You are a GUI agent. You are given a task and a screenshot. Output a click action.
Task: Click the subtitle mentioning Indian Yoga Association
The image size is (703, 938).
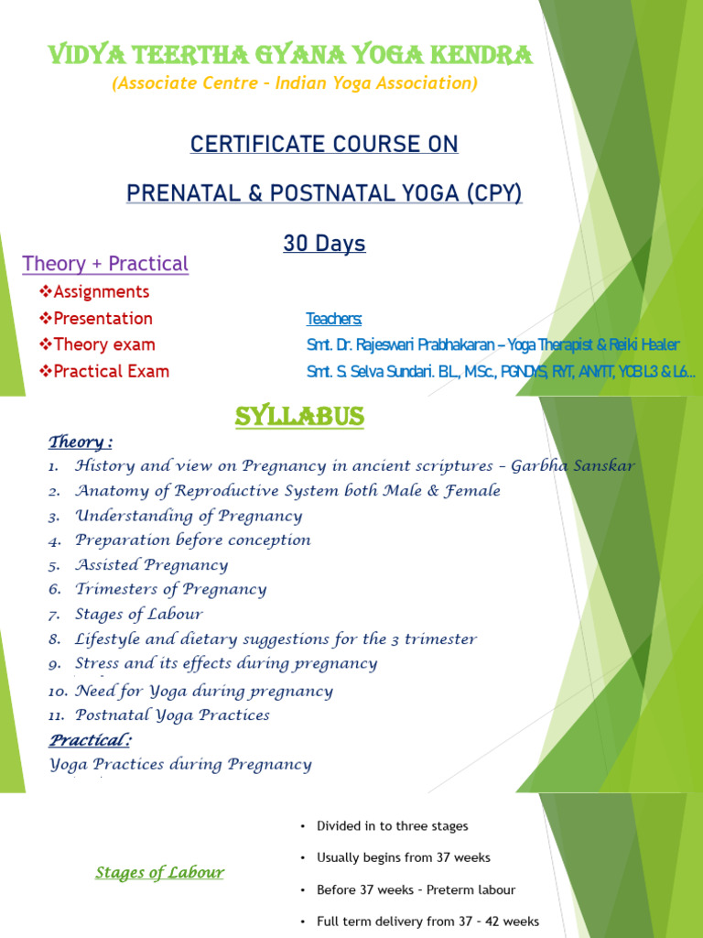pos(294,83)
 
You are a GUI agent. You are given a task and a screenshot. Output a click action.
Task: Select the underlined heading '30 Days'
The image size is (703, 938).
pos(324,244)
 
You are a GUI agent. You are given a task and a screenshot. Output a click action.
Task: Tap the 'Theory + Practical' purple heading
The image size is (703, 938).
pos(105,264)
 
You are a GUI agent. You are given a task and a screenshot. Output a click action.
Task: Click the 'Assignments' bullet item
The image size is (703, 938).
pos(101,292)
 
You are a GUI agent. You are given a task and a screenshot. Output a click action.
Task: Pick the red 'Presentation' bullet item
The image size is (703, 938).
pos(103,319)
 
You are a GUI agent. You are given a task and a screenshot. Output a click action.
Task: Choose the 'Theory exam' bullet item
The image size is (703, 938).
pos(103,345)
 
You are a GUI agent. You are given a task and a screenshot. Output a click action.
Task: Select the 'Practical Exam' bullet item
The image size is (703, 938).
pos(111,372)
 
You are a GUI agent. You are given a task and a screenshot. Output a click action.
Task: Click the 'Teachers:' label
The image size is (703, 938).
pos(333,319)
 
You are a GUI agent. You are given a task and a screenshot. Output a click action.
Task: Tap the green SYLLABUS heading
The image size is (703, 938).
pos(300,418)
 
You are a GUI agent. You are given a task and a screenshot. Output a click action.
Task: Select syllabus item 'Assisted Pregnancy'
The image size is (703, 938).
pos(151,565)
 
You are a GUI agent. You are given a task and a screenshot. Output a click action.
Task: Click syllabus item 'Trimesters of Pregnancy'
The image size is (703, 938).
pos(170,590)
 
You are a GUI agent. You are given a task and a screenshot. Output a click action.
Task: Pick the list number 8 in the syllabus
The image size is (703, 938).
pos(56,639)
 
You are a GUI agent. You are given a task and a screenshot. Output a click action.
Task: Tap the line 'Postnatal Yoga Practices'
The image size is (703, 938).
pos(172,715)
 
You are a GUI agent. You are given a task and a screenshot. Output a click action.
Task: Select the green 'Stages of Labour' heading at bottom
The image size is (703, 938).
pos(159,873)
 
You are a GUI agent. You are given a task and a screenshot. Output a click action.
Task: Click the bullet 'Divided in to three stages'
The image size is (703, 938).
pos(392,826)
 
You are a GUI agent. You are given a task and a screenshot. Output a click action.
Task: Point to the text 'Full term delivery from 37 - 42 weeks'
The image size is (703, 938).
pos(427,922)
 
